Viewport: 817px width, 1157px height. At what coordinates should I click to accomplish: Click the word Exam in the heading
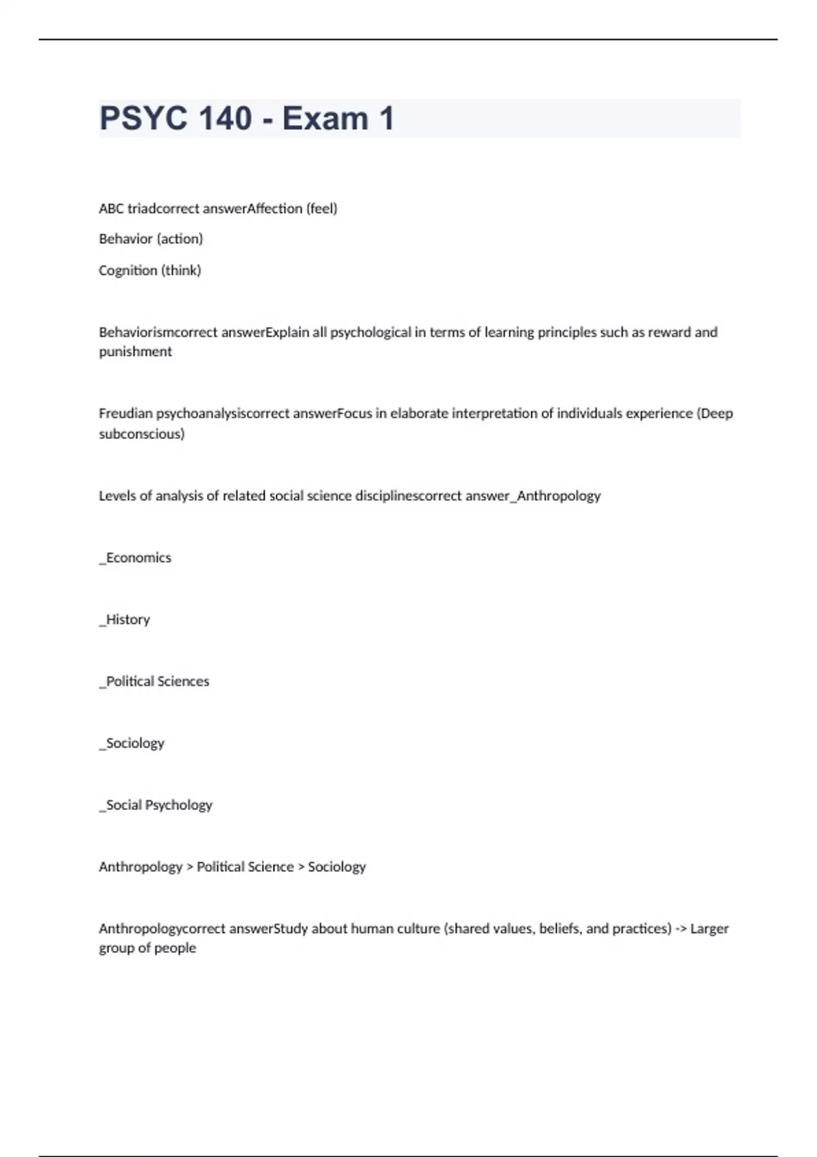click(325, 118)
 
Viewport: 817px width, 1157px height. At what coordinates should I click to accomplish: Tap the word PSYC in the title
click(143, 118)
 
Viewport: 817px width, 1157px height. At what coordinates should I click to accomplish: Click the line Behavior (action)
click(150, 239)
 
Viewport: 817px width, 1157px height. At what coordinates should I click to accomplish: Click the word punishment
click(135, 352)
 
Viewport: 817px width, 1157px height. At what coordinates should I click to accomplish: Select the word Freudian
click(126, 413)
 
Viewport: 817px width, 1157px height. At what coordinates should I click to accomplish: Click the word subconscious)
click(142, 434)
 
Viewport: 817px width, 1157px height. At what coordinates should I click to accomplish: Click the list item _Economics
click(135, 557)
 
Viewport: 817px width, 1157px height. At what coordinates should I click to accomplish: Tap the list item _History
click(125, 619)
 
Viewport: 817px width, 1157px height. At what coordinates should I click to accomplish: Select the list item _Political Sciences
click(154, 681)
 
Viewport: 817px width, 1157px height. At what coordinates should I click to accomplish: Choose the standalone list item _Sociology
click(132, 743)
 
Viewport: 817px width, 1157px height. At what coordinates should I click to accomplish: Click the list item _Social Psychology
click(156, 805)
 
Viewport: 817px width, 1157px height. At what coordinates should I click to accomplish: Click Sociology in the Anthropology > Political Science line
click(336, 866)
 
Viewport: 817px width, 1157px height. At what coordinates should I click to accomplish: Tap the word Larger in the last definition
click(709, 928)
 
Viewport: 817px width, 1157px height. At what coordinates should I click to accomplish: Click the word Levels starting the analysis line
click(116, 495)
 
